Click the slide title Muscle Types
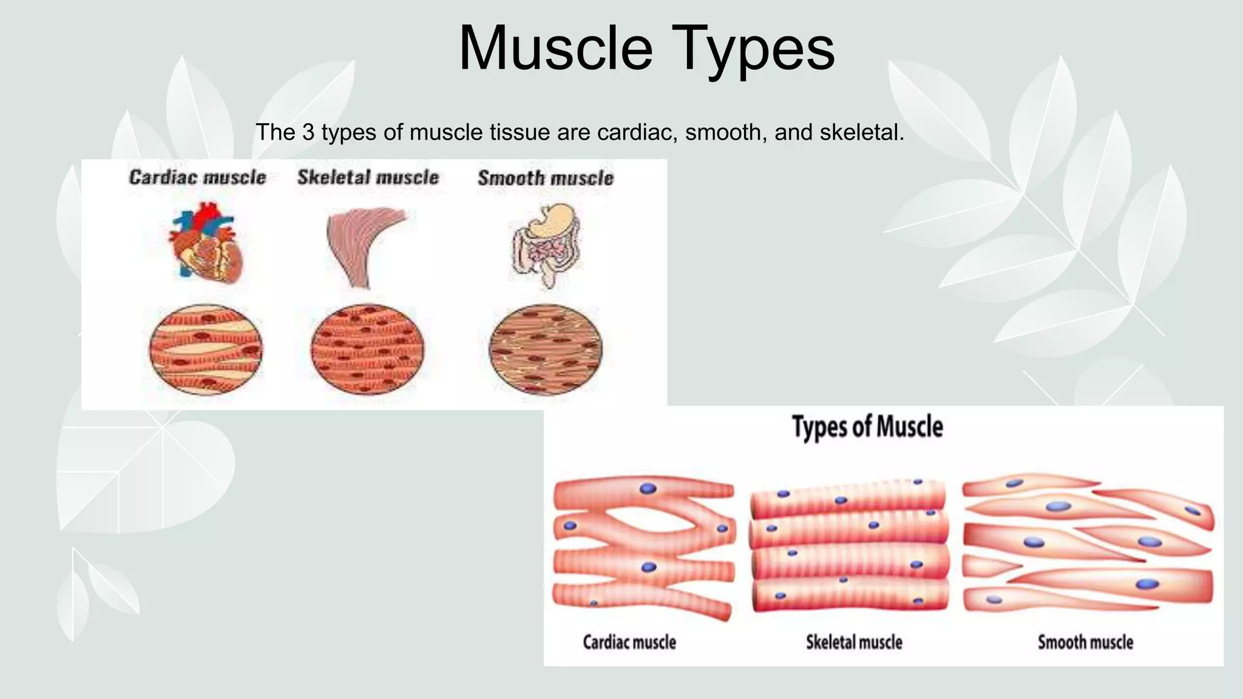coord(646,49)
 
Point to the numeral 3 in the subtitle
coord(308,132)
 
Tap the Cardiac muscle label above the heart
coord(198,177)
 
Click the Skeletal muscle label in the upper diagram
coord(368,177)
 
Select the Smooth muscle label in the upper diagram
coord(546,178)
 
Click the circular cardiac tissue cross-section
coord(206,349)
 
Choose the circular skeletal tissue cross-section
coord(367,349)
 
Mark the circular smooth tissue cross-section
coord(546,349)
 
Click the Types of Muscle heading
coord(867,427)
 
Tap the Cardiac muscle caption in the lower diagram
coord(629,642)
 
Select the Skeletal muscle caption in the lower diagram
coord(854,642)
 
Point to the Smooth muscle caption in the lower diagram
coord(1085,642)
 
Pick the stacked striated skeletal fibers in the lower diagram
coord(850,546)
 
